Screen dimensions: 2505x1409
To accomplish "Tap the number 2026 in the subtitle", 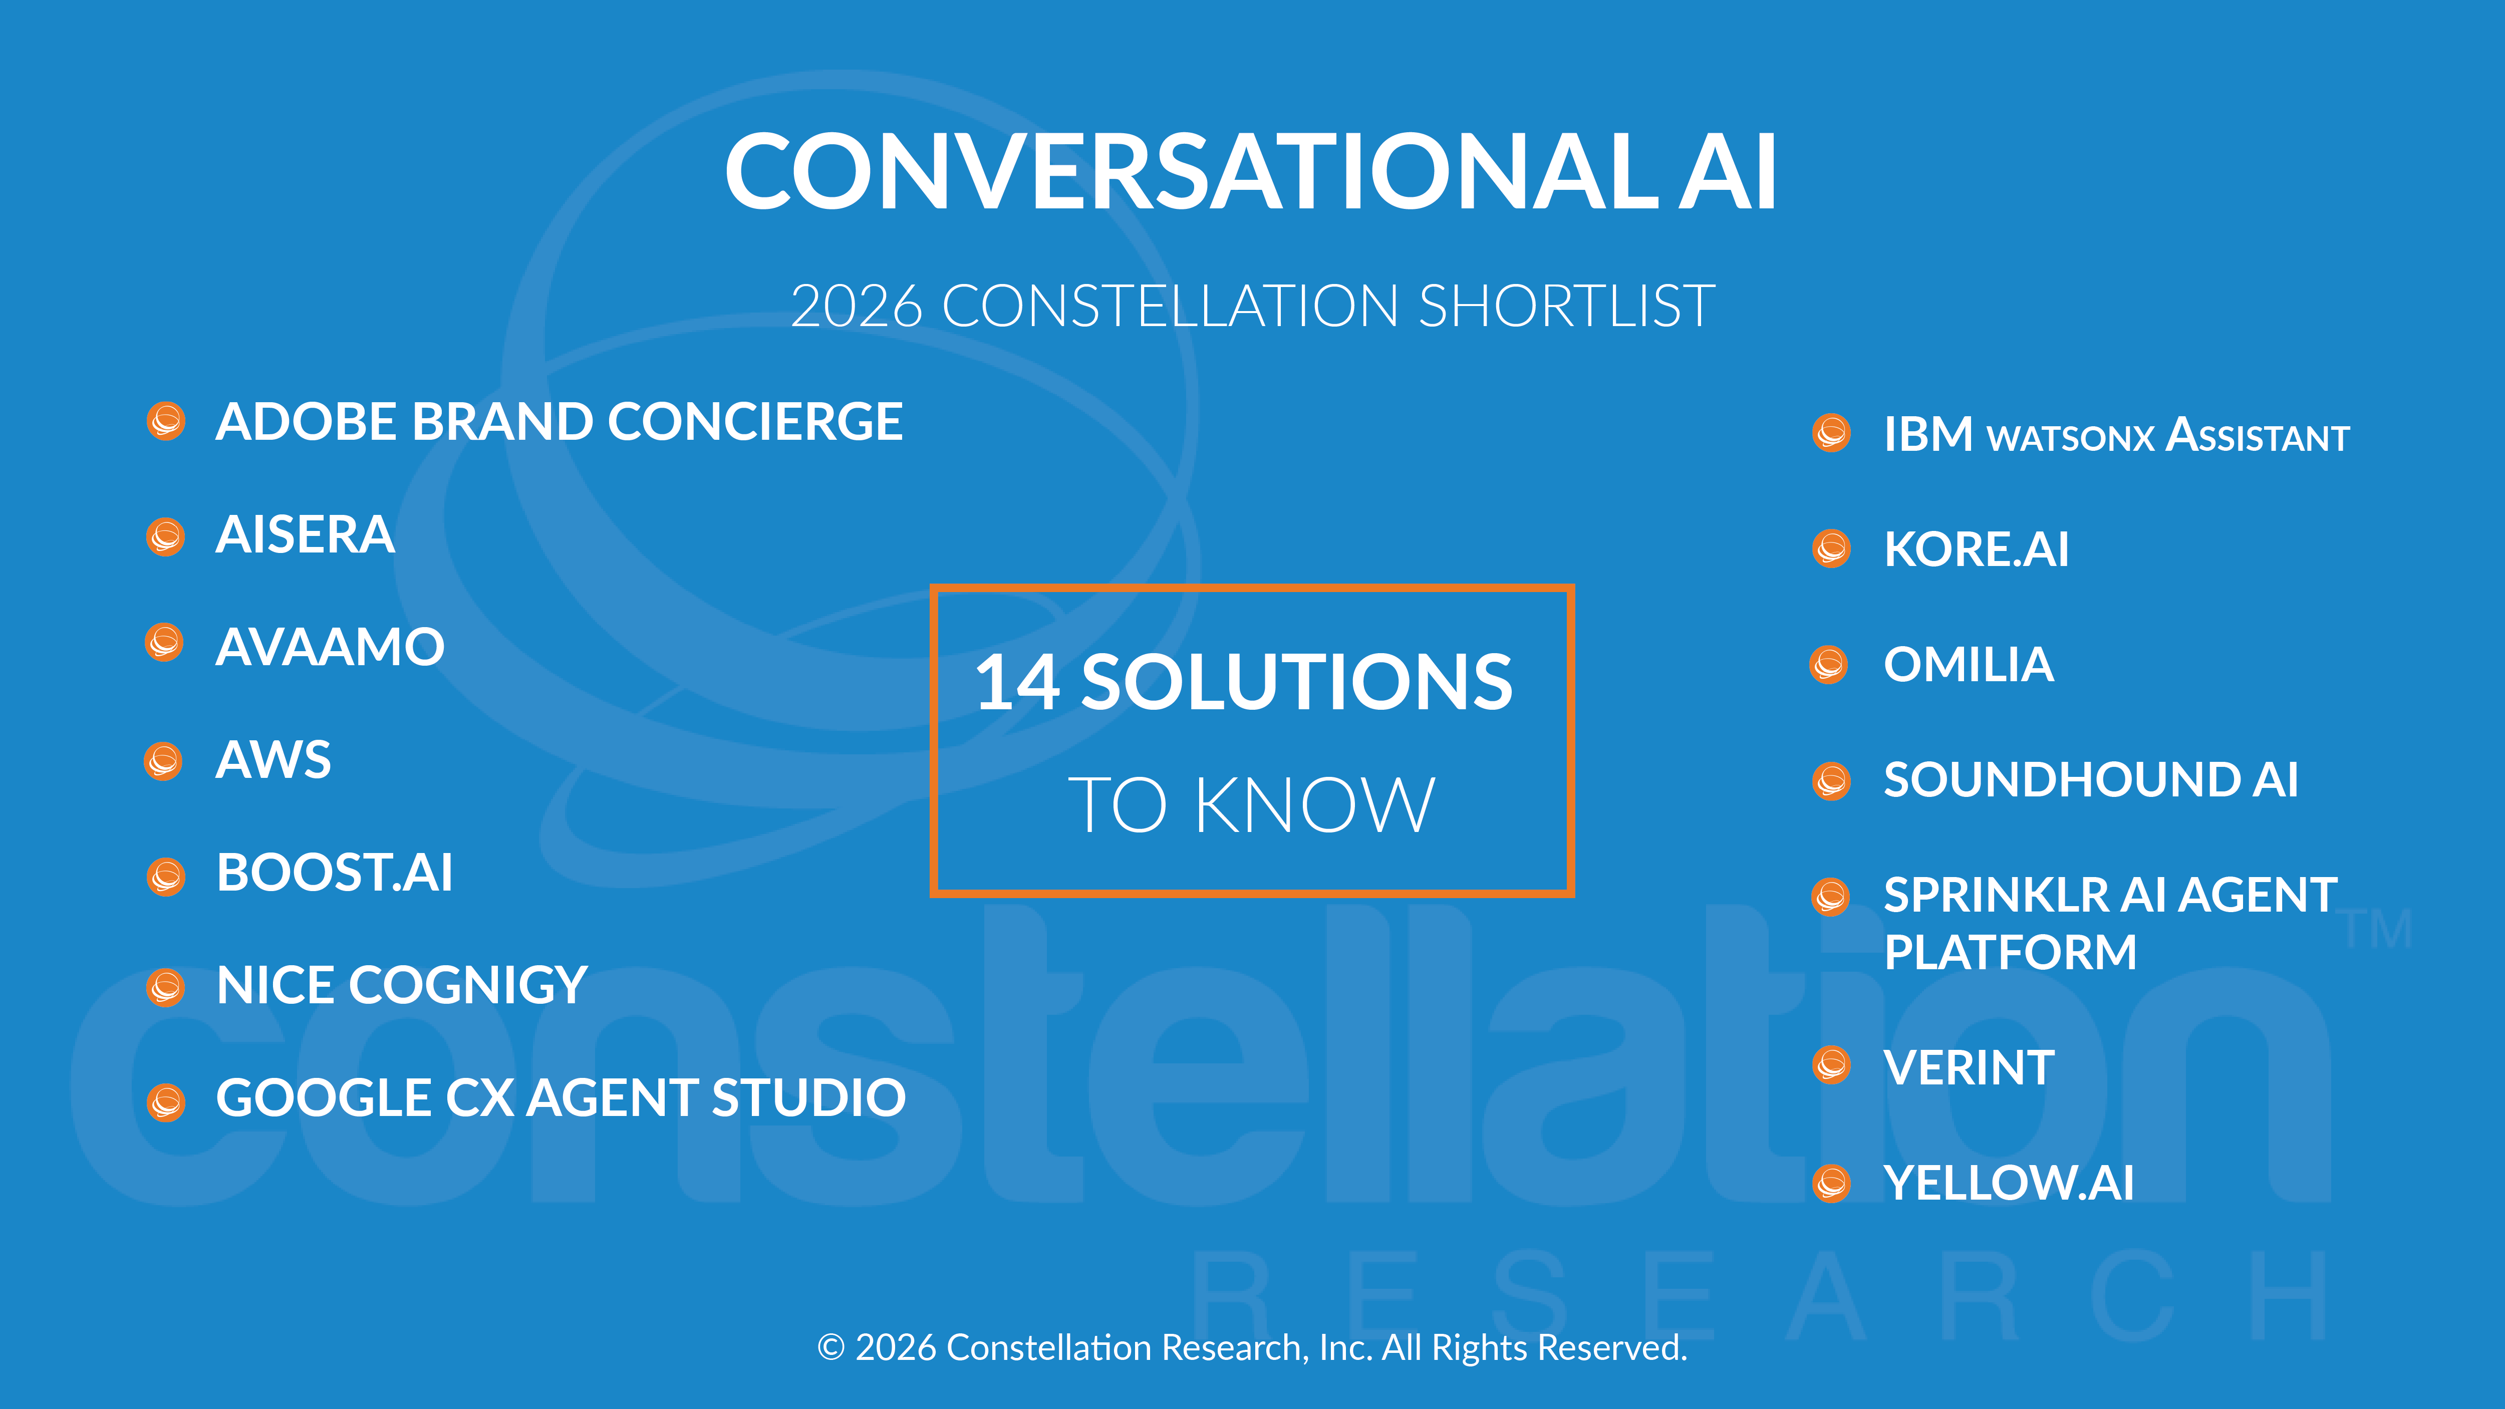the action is [x=856, y=307].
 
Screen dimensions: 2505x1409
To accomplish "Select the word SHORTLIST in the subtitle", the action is [x=1567, y=307].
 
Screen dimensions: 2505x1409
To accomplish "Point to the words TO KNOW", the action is [x=1252, y=805].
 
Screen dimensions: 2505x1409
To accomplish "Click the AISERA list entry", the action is [x=306, y=535].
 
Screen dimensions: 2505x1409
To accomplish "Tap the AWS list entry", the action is [x=273, y=759].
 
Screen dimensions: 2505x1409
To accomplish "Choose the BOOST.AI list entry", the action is [x=335, y=872].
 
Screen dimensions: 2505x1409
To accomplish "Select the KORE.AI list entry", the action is [x=1976, y=549].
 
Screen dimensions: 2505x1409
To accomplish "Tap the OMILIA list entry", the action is [x=1968, y=665].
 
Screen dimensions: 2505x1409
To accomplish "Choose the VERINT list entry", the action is [x=1969, y=1068].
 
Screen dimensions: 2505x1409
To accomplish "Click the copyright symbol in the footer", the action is [x=830, y=1348].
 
